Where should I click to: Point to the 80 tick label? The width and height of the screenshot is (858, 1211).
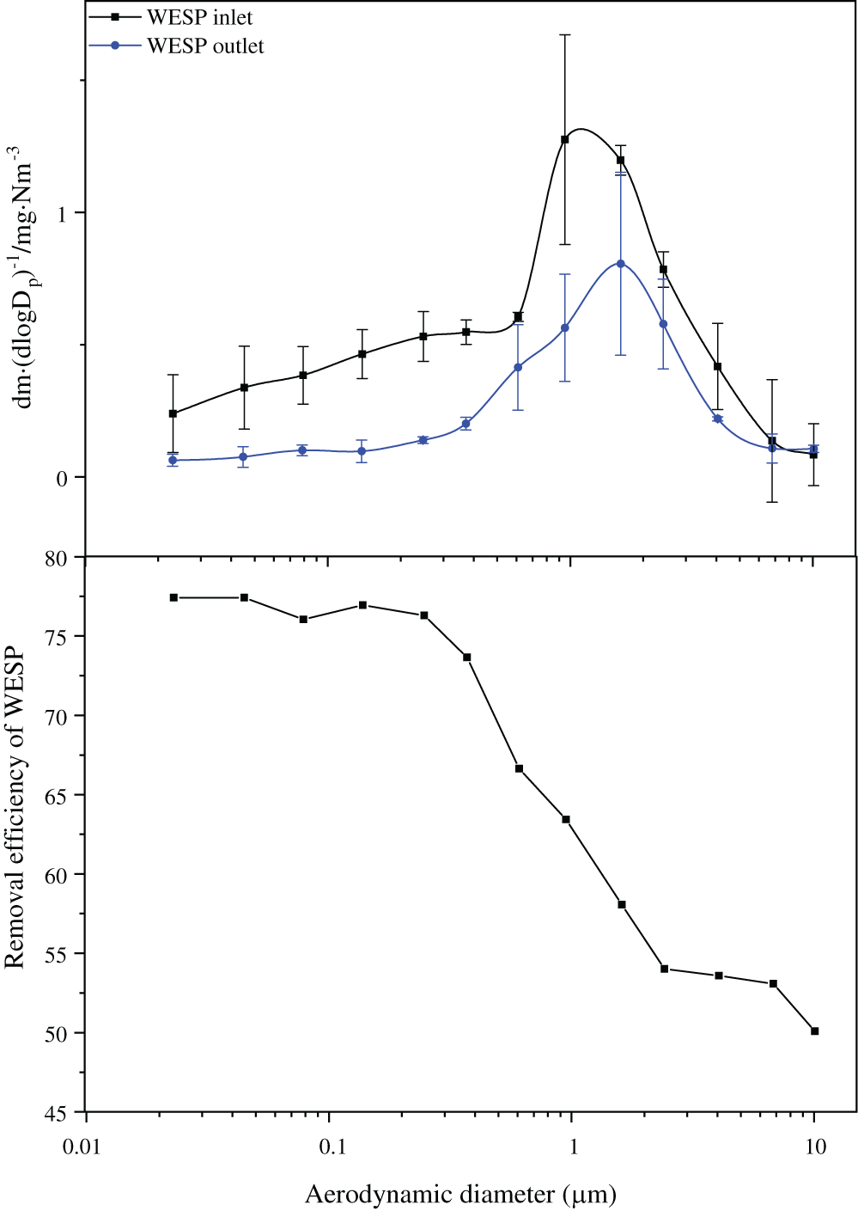pyautogui.click(x=56, y=559)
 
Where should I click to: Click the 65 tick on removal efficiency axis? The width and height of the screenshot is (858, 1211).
pyautogui.click(x=56, y=796)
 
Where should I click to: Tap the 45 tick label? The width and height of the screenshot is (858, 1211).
pyautogui.click(x=56, y=1113)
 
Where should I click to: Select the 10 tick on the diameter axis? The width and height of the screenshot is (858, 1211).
pyautogui.click(x=815, y=1147)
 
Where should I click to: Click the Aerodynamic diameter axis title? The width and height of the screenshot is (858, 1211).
pyautogui.click(x=460, y=1194)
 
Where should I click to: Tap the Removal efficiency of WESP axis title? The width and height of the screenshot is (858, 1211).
pyautogui.click(x=15, y=809)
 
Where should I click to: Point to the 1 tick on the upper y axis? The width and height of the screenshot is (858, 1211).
pyautogui.click(x=62, y=213)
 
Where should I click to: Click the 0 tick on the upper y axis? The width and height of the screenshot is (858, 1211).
pyautogui.click(x=62, y=479)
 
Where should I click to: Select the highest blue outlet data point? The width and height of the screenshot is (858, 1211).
pyautogui.click(x=620, y=264)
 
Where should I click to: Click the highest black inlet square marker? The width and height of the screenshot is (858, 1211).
pyautogui.click(x=564, y=139)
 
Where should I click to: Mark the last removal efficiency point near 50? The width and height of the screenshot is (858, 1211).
pyautogui.click(x=814, y=1031)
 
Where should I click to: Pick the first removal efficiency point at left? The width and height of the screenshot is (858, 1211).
pyautogui.click(x=173, y=597)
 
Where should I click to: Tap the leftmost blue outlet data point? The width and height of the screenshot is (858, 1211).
pyautogui.click(x=173, y=461)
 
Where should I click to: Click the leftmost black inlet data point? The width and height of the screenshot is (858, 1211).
pyautogui.click(x=173, y=413)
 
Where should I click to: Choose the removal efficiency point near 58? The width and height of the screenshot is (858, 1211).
pyautogui.click(x=621, y=904)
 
